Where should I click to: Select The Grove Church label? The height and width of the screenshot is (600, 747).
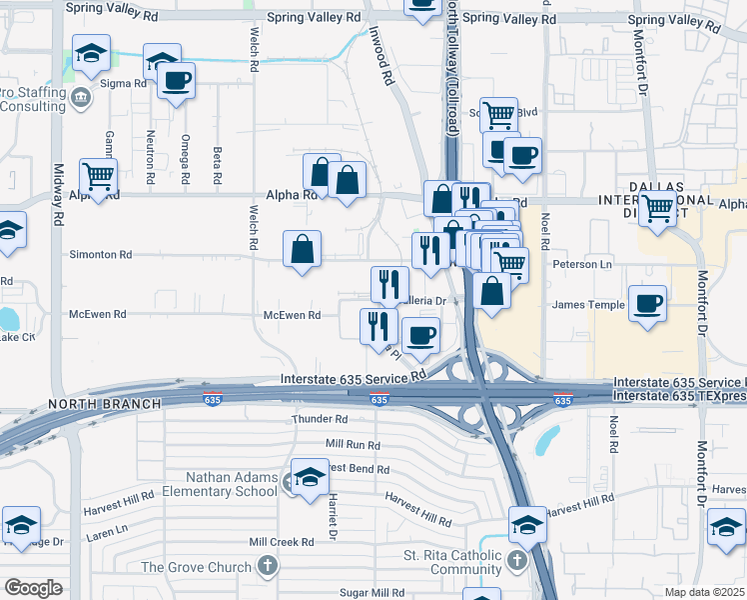click(x=196, y=567)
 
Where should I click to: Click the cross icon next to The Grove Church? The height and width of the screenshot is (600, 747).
click(x=266, y=567)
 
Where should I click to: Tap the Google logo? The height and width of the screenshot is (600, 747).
click(x=33, y=588)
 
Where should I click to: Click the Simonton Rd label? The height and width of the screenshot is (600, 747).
click(x=100, y=255)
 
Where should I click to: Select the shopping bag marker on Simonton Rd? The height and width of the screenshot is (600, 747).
click(x=303, y=249)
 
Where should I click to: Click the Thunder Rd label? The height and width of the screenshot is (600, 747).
click(x=320, y=419)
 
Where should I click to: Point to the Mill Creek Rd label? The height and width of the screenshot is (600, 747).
click(x=282, y=542)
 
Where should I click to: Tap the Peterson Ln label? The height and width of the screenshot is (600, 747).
click(x=582, y=265)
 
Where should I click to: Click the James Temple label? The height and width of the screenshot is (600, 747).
click(x=581, y=305)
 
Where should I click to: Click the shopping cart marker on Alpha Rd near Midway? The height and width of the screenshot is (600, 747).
click(x=99, y=177)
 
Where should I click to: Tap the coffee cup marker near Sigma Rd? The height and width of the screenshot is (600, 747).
click(x=176, y=81)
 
